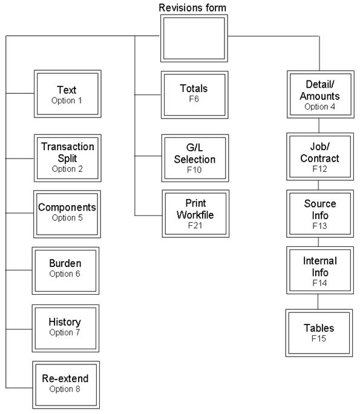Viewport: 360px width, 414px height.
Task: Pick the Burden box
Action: click(65, 269)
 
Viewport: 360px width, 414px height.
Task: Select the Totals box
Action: click(194, 94)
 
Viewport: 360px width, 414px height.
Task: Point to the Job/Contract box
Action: click(319, 155)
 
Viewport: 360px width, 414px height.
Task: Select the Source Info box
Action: click(319, 212)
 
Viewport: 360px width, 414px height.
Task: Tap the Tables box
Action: click(319, 332)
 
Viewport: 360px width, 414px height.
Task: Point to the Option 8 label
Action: click(65, 389)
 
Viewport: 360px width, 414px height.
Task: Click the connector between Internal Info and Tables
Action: click(319, 301)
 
